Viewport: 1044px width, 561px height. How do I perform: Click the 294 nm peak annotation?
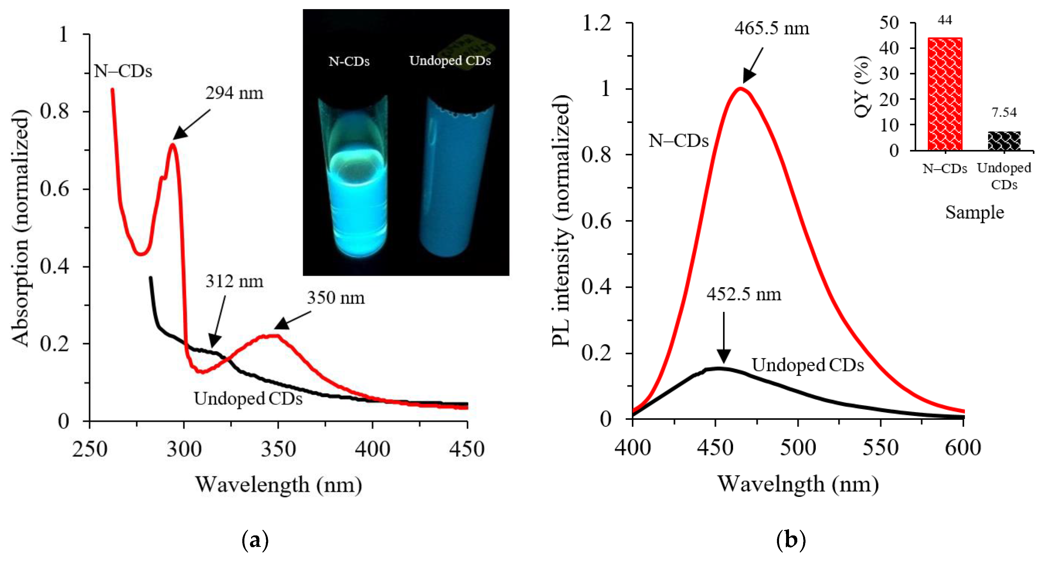coord(234,94)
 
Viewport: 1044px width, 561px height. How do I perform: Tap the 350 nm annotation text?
coord(336,298)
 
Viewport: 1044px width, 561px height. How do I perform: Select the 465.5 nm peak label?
coord(772,28)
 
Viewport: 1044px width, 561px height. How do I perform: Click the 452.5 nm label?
coord(744,294)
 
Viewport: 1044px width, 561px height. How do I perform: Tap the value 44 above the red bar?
coord(945,20)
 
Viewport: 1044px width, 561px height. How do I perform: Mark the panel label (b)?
coord(790,540)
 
